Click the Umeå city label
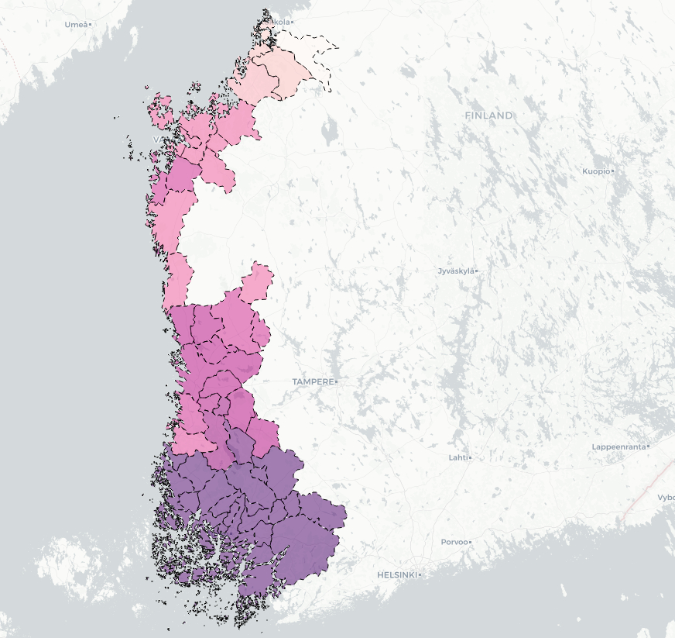click(x=75, y=25)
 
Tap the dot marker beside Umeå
click(x=91, y=25)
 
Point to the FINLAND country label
click(x=488, y=116)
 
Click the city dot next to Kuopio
click(x=612, y=171)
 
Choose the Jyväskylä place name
click(x=455, y=271)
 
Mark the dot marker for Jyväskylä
click(x=477, y=271)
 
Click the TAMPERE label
click(x=313, y=382)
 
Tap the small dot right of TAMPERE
click(x=337, y=382)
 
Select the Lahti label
click(x=457, y=457)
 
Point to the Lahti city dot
click(x=470, y=457)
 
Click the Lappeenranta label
click(x=618, y=447)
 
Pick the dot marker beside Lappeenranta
click(x=649, y=447)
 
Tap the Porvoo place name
click(x=454, y=542)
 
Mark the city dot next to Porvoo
click(x=470, y=542)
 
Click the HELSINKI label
click(x=396, y=575)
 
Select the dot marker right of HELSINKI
click(x=420, y=575)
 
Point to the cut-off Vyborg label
click(x=666, y=498)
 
